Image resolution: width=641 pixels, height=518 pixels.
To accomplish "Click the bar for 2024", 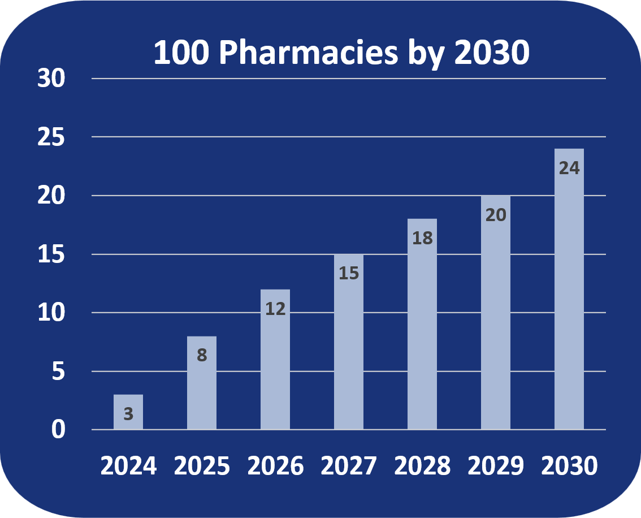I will (128, 412).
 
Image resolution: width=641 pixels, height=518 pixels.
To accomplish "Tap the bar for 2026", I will (275, 362).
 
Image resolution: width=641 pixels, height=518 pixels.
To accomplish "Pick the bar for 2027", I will (349, 345).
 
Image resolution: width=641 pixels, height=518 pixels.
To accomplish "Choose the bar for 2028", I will (422, 328).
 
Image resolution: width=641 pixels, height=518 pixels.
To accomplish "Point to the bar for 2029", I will (496, 317).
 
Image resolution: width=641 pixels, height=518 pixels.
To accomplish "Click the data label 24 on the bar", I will (569, 168).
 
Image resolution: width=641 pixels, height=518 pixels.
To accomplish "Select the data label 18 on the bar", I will (422, 238).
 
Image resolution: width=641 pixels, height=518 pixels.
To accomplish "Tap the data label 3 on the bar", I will (128, 415).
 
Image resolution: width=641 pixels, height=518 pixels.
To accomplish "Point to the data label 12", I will (275, 309).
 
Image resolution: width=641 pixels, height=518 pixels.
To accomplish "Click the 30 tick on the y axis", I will (52, 79).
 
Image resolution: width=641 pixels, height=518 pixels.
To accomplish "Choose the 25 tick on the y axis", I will (52, 137).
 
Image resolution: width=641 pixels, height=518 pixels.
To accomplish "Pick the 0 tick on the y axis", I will (59, 430).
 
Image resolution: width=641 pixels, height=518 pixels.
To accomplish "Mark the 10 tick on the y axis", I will (52, 313).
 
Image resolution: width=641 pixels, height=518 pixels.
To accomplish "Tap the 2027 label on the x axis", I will (349, 467).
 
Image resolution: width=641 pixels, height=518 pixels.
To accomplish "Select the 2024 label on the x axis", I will (128, 467).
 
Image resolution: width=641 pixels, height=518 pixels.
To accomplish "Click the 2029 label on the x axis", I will (496, 467).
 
